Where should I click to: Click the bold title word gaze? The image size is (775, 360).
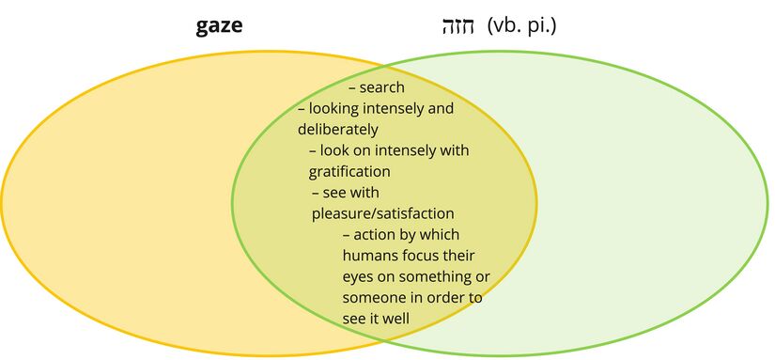pos(219,25)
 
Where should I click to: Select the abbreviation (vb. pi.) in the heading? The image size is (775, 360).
pos(522,25)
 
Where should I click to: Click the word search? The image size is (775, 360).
pos(381,87)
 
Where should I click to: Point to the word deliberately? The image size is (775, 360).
pos(337,130)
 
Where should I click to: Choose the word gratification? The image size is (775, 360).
pos(349,171)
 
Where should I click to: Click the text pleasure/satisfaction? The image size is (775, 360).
pos(382,213)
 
